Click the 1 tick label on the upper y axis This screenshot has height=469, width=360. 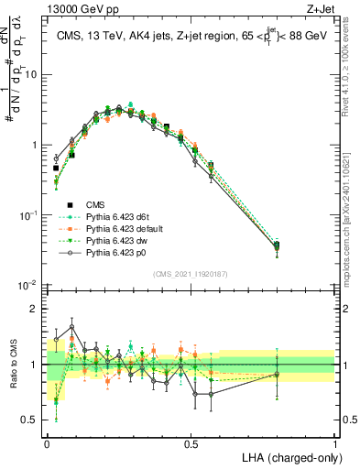[37, 145]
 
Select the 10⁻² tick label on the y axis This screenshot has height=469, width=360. [30, 285]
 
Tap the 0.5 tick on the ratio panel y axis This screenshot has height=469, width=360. [32, 421]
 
